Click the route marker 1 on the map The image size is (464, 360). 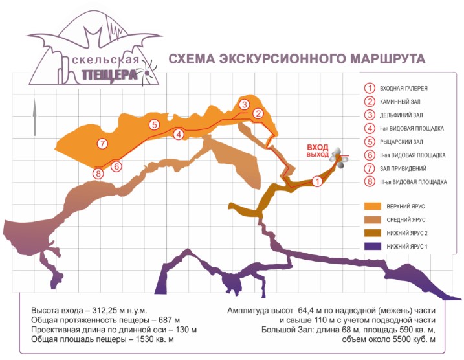(316, 182)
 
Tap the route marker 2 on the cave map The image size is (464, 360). (258, 114)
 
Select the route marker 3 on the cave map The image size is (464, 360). (244, 104)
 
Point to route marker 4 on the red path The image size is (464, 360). (179, 134)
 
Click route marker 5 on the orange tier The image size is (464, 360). (153, 124)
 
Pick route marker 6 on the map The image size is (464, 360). (116, 166)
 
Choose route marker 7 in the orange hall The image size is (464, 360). (102, 143)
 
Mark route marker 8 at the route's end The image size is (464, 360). (98, 174)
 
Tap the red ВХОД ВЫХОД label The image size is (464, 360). (318, 151)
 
